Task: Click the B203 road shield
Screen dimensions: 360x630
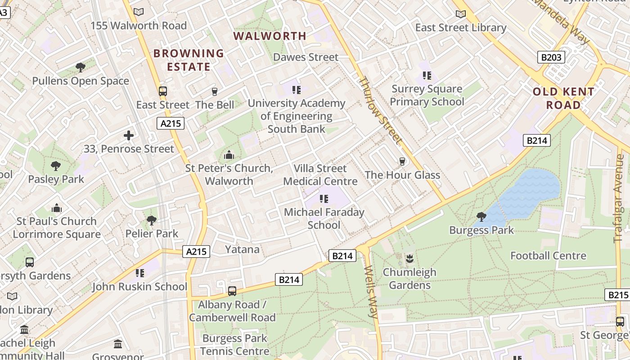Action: coord(551,57)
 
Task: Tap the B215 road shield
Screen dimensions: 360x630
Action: coord(618,295)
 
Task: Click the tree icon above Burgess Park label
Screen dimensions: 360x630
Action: coord(481,217)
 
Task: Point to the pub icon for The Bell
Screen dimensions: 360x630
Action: coord(215,92)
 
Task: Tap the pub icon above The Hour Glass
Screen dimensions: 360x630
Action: coord(402,162)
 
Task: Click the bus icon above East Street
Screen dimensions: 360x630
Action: coord(163,91)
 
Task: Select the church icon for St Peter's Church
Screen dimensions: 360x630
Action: coord(229,155)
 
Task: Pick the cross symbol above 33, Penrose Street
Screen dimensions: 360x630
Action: coord(129,135)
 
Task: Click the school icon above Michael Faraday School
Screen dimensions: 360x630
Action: coord(324,198)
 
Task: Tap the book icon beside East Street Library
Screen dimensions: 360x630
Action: coord(460,14)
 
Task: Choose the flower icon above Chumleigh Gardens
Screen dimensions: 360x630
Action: coord(409,259)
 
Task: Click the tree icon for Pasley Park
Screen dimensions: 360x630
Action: coord(56,166)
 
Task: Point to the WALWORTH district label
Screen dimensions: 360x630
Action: coord(270,36)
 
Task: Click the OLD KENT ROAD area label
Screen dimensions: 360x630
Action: coord(563,98)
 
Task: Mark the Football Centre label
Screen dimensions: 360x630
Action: coord(548,256)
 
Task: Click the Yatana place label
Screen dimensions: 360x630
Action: coord(242,249)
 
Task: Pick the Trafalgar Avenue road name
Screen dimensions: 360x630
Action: coord(619,198)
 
